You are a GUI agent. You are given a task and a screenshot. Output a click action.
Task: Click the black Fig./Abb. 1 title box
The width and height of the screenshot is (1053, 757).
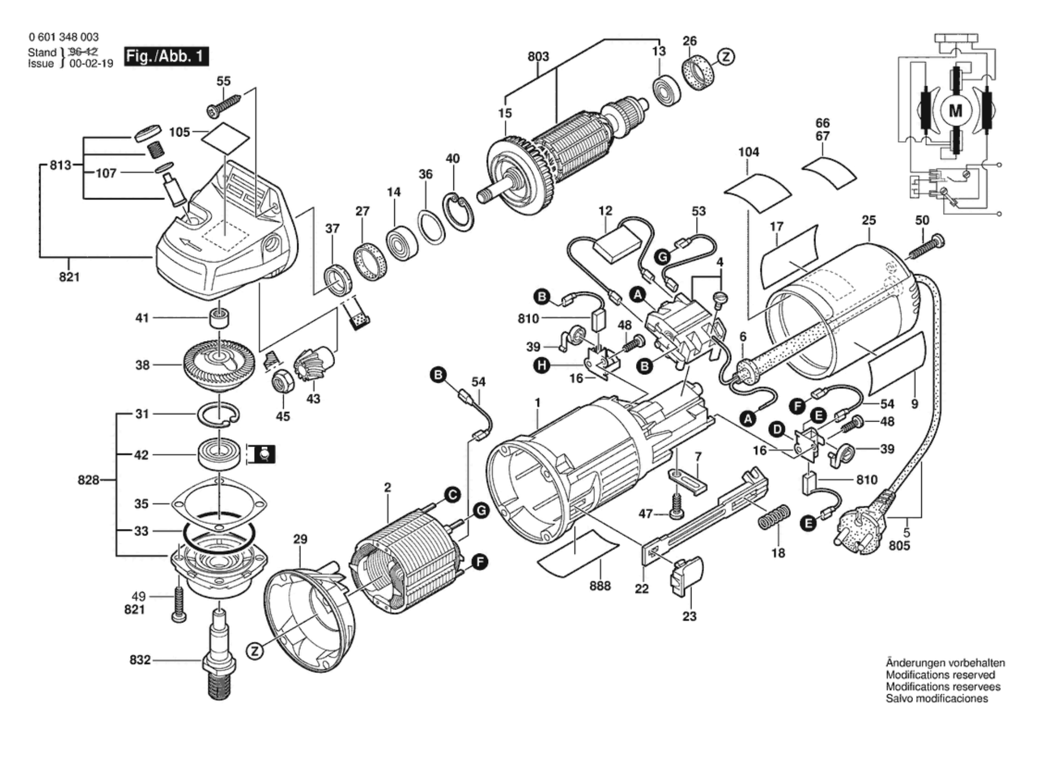[166, 56]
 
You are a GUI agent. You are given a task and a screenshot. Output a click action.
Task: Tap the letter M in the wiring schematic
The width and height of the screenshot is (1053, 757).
[955, 111]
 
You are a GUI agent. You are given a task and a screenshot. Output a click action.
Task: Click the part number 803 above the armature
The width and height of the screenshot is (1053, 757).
[538, 56]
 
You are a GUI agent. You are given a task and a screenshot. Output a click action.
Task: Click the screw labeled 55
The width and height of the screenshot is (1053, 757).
[225, 105]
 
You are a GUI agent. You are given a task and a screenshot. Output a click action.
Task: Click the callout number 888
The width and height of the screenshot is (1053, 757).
[600, 586]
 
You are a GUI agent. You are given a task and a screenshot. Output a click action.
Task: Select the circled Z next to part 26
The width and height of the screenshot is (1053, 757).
[726, 57]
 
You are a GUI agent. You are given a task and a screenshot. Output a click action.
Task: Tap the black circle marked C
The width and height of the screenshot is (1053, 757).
[453, 495]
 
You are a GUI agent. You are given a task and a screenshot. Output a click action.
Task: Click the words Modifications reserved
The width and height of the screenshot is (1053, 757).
[940, 675]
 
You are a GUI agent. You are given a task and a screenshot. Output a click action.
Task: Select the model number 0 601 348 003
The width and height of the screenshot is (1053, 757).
[64, 37]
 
